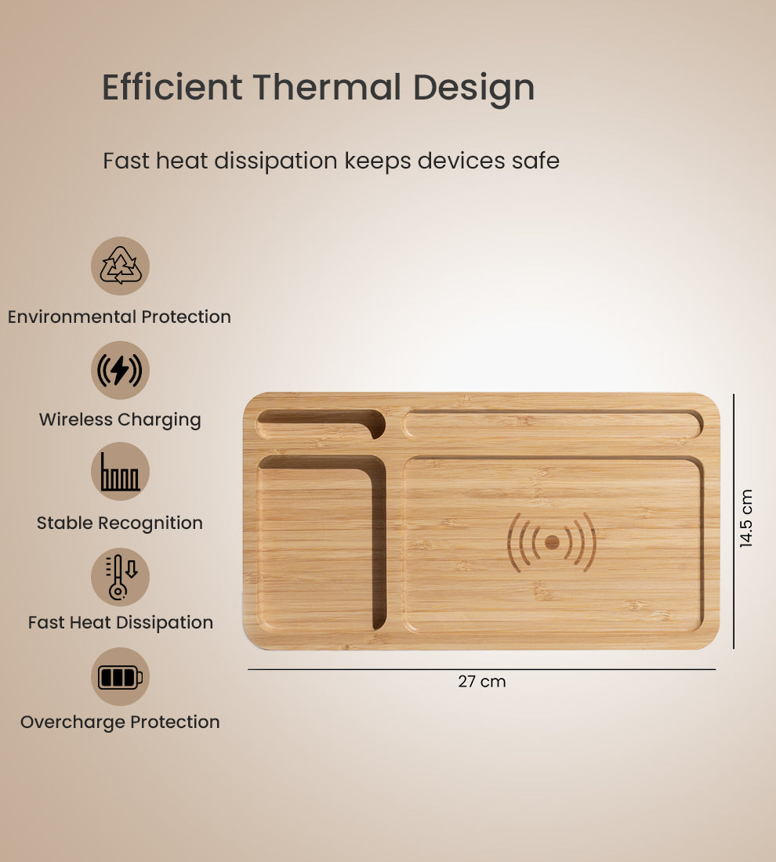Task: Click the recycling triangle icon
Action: [120, 266]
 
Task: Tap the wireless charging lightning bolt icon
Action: [120, 370]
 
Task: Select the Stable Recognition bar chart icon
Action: [120, 472]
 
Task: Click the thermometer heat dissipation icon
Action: [120, 577]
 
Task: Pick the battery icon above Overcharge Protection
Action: [120, 676]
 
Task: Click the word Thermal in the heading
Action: [328, 87]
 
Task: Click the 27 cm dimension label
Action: [482, 682]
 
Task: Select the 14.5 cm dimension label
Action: [746, 518]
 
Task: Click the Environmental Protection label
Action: [119, 317]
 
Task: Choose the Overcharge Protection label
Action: [120, 722]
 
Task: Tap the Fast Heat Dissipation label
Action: [120, 622]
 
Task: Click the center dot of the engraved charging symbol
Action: [552, 541]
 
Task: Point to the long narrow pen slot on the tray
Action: [552, 425]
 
